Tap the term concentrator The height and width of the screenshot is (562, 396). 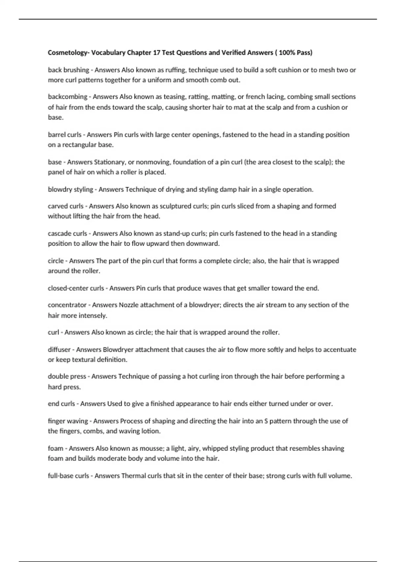[67, 305]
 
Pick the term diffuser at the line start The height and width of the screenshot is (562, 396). [59, 350]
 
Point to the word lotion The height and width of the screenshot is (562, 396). [151, 431]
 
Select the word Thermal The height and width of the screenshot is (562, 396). [133, 476]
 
